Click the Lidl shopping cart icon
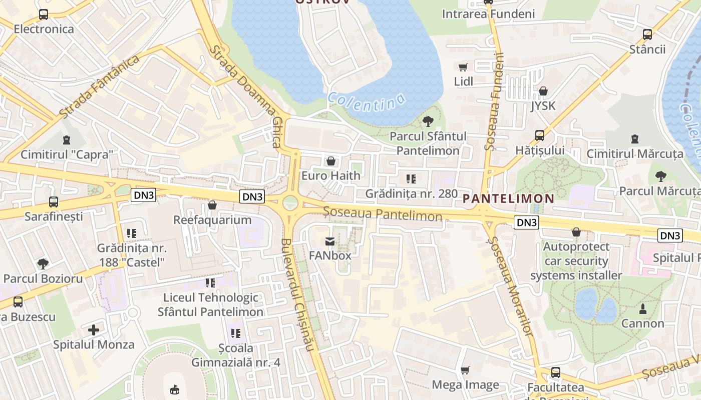click(x=463, y=67)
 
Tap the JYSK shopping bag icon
click(x=543, y=91)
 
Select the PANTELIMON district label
click(x=508, y=198)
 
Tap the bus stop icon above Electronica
click(x=44, y=14)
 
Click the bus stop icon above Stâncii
click(x=647, y=34)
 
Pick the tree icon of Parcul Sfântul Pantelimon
click(x=428, y=121)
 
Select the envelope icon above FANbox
click(x=330, y=241)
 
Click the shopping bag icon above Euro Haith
click(x=330, y=161)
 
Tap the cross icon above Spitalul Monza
click(x=94, y=330)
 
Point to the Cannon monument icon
click(x=643, y=309)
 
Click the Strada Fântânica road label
click(x=99, y=87)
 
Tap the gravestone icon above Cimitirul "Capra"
click(x=67, y=140)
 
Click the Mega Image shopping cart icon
click(x=465, y=370)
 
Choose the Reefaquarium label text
click(x=212, y=220)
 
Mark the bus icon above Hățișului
click(x=540, y=135)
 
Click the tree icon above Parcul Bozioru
click(x=43, y=263)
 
